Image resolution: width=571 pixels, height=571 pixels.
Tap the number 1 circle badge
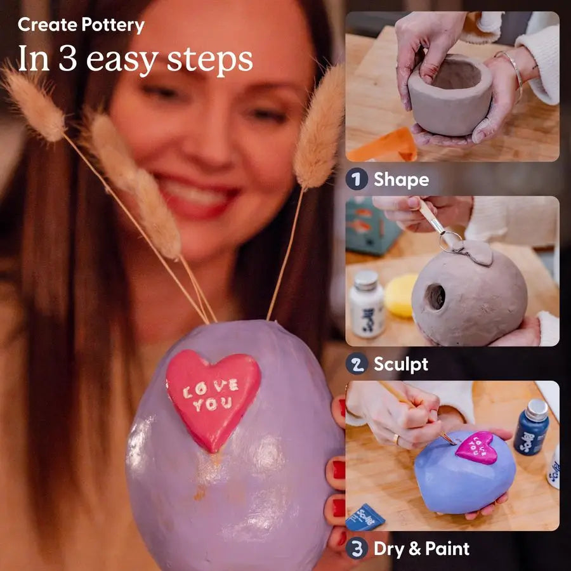357,180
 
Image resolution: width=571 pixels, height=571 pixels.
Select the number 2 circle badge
357,364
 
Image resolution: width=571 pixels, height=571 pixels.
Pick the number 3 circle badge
357,548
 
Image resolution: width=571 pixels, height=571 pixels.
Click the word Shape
401,180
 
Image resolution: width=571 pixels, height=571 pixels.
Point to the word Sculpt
401,364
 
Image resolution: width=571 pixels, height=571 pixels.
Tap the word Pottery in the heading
113,25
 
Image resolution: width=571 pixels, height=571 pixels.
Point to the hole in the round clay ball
436,296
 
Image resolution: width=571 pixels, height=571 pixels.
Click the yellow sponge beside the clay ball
402,295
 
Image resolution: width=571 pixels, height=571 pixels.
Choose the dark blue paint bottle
531,426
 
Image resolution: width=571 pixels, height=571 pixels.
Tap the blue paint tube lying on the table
365,517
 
